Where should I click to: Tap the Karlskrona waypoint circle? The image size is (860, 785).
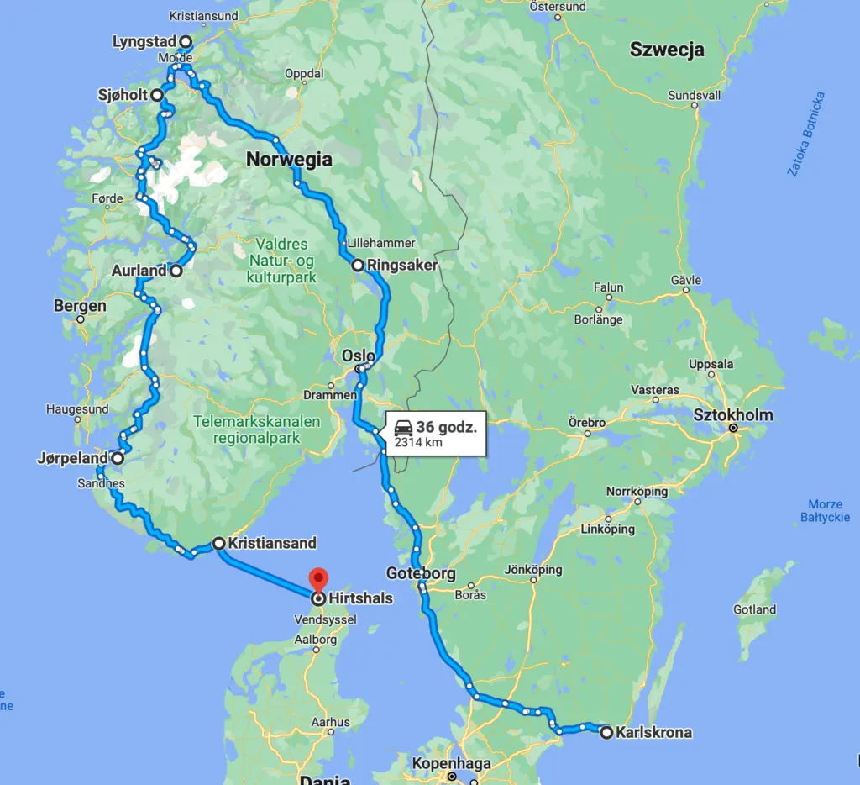(x=606, y=732)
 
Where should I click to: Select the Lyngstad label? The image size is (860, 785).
(x=144, y=41)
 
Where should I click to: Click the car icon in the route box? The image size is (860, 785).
(x=402, y=428)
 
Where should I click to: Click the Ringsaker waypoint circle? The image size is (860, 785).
(x=358, y=266)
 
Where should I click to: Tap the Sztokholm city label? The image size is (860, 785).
(x=733, y=414)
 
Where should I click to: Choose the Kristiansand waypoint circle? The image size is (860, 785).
(x=218, y=543)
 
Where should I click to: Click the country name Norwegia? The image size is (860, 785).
(x=289, y=159)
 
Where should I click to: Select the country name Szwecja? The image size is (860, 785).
(x=667, y=50)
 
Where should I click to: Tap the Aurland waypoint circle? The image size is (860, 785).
(x=176, y=271)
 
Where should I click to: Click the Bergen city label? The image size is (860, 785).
(x=80, y=306)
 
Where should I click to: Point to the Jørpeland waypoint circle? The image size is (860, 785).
(x=118, y=459)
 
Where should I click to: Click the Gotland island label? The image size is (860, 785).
(x=754, y=609)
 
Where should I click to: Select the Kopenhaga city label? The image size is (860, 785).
(x=451, y=764)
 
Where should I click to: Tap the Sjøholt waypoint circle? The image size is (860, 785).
(x=157, y=96)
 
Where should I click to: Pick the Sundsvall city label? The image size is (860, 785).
(x=695, y=95)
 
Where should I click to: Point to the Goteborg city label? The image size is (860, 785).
(x=421, y=574)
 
